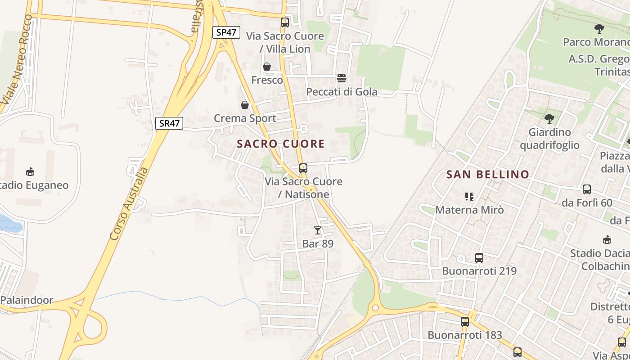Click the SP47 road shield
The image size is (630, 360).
tap(226, 32)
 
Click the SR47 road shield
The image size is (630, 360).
tap(169, 123)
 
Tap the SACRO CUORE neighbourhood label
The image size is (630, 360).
tap(281, 144)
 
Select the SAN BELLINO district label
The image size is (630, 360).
tap(488, 175)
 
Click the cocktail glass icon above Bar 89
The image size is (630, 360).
tap(318, 230)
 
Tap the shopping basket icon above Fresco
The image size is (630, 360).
tap(267, 67)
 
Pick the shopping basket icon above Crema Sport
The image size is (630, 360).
tap(245, 105)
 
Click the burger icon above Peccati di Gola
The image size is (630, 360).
tap(342, 78)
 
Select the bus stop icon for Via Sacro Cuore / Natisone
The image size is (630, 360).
tap(303, 168)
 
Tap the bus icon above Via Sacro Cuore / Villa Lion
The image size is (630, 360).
tap(285, 22)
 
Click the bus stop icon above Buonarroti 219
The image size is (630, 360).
tap(479, 258)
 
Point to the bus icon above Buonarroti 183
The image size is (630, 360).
tap(465, 322)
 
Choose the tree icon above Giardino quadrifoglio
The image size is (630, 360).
tap(549, 119)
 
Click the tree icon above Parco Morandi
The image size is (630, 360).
tap(599, 29)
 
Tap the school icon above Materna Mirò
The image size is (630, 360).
tap(469, 197)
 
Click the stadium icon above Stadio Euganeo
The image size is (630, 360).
tap(30, 171)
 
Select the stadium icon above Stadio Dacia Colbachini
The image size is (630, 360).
tap(607, 239)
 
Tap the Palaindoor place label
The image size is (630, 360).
tap(27, 300)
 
